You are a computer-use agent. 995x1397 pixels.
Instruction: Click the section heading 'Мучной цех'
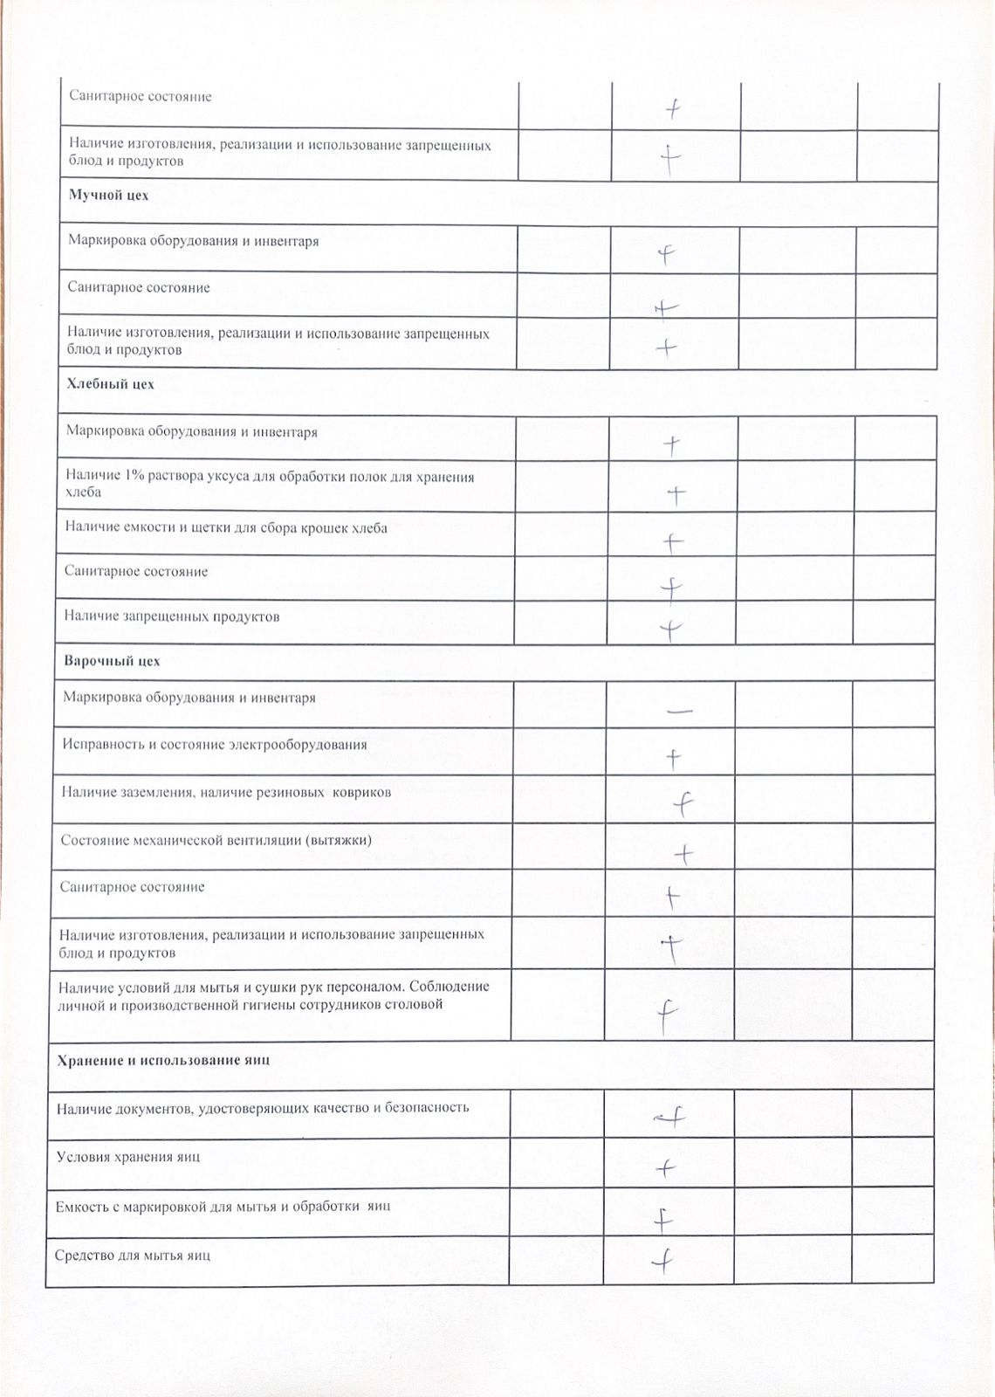(108, 196)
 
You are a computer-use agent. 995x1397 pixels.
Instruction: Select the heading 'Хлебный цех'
(110, 384)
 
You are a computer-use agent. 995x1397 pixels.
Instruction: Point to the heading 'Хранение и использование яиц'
(163, 1060)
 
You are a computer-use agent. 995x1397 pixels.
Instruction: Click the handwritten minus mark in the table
(679, 712)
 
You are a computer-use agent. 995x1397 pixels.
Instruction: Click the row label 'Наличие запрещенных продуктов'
(172, 616)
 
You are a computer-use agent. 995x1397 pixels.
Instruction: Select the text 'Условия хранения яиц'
(128, 1157)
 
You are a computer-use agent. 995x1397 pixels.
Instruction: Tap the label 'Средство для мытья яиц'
(134, 1256)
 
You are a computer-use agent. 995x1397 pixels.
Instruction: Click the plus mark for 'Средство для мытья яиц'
(664, 1260)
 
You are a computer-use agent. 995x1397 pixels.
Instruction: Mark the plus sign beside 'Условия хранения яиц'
(666, 1167)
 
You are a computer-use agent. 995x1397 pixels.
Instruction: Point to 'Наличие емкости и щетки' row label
(226, 528)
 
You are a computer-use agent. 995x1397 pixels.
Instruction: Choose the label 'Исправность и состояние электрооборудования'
(215, 745)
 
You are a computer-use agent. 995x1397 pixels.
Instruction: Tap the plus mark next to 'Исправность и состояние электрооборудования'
(673, 758)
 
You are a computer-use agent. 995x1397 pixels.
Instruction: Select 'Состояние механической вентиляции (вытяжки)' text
(216, 840)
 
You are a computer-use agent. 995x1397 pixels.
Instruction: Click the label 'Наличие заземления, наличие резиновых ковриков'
(226, 792)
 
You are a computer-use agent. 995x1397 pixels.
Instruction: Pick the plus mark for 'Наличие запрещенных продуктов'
(669, 629)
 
